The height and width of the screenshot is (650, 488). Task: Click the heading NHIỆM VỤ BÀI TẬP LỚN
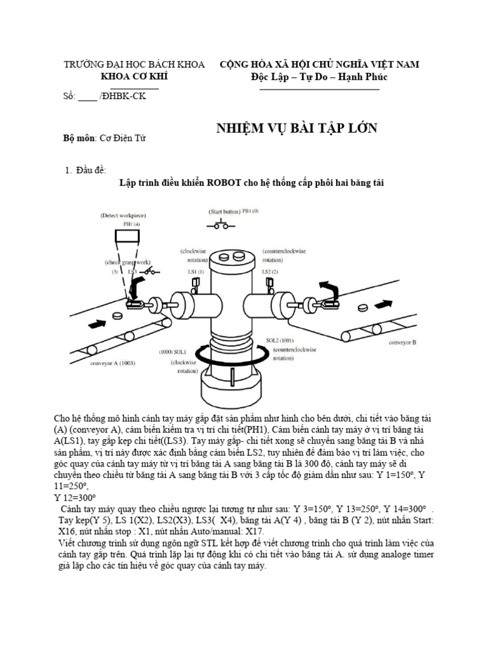tap(297, 129)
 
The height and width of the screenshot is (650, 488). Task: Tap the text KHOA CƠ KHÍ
tap(139, 77)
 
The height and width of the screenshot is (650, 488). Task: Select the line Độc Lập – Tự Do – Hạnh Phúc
tap(319, 77)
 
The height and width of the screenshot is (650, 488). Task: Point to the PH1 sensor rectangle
tap(127, 237)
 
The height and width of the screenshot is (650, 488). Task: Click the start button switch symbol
tap(222, 225)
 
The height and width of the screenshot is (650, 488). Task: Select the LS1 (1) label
tap(195, 272)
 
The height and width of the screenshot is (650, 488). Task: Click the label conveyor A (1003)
tap(112, 363)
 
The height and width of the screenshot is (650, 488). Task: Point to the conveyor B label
tap(402, 342)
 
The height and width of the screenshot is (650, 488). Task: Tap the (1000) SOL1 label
tap(172, 351)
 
